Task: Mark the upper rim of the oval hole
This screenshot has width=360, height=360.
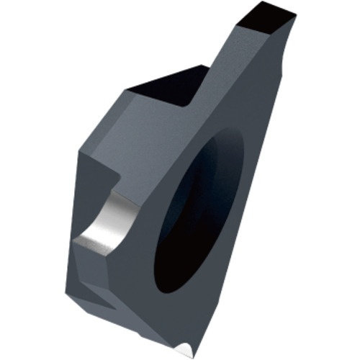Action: [x=220, y=137]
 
